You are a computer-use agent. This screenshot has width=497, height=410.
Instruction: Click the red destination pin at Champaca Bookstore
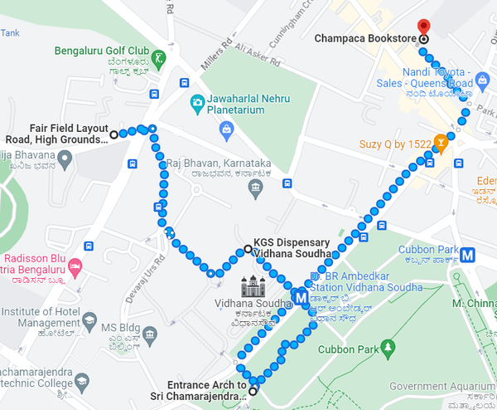pos(423,27)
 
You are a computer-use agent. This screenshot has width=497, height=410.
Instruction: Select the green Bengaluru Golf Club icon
pos(159,56)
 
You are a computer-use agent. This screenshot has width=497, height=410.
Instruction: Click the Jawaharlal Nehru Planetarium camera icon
pos(197,104)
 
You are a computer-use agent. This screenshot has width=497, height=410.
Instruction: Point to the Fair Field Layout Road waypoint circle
pos(114,134)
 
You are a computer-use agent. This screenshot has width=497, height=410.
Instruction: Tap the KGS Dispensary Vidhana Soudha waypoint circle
pos(247,249)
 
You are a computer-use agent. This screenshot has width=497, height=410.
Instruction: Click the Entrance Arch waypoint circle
pos(253,391)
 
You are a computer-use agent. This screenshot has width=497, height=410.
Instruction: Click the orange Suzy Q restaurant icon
pos(442,144)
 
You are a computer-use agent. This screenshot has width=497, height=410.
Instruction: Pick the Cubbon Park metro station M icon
pos(469,255)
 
